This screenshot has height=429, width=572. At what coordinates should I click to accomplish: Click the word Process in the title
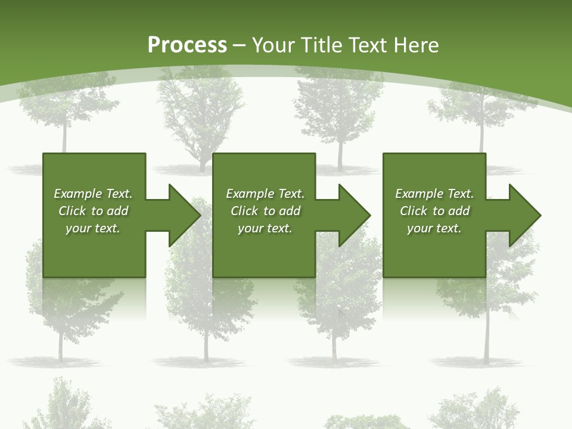[x=187, y=45]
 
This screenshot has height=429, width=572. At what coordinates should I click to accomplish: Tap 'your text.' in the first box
[x=93, y=228]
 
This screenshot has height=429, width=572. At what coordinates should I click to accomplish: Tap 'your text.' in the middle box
[x=265, y=228]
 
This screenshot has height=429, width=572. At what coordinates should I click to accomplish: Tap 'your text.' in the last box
[x=434, y=228]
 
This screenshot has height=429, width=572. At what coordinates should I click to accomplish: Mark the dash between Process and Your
[x=239, y=45]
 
